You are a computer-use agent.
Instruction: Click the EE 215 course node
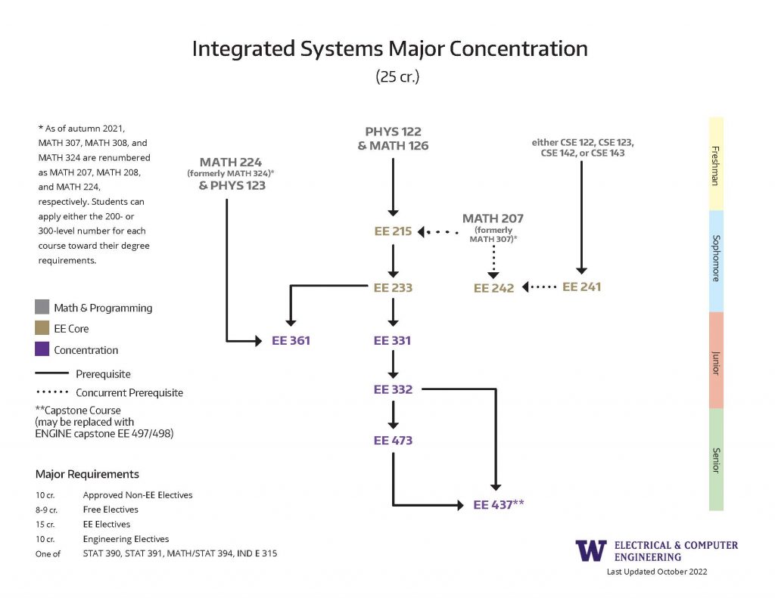coord(393,231)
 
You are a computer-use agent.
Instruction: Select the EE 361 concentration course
coord(291,341)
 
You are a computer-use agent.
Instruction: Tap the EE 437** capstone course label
coord(499,504)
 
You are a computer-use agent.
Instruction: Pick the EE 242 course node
coord(493,288)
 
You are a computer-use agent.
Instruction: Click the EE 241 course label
coord(581,287)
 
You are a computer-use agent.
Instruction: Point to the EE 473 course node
coord(393,440)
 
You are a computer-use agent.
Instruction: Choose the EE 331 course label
coord(393,341)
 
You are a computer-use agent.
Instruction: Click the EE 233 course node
coord(393,287)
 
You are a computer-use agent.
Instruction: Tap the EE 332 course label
coord(393,389)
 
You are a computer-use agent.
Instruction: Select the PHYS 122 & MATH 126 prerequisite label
coord(393,139)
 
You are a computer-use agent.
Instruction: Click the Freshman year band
coord(715,163)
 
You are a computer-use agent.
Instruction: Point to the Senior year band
coord(715,459)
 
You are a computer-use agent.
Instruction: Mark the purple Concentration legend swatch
coord(42,350)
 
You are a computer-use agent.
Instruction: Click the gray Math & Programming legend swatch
coord(42,308)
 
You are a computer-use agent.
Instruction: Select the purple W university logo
coord(590,550)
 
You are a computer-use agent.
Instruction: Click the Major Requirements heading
coord(87,475)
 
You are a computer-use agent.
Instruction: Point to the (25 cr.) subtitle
coord(397,76)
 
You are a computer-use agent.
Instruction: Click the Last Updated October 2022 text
coord(656,572)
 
